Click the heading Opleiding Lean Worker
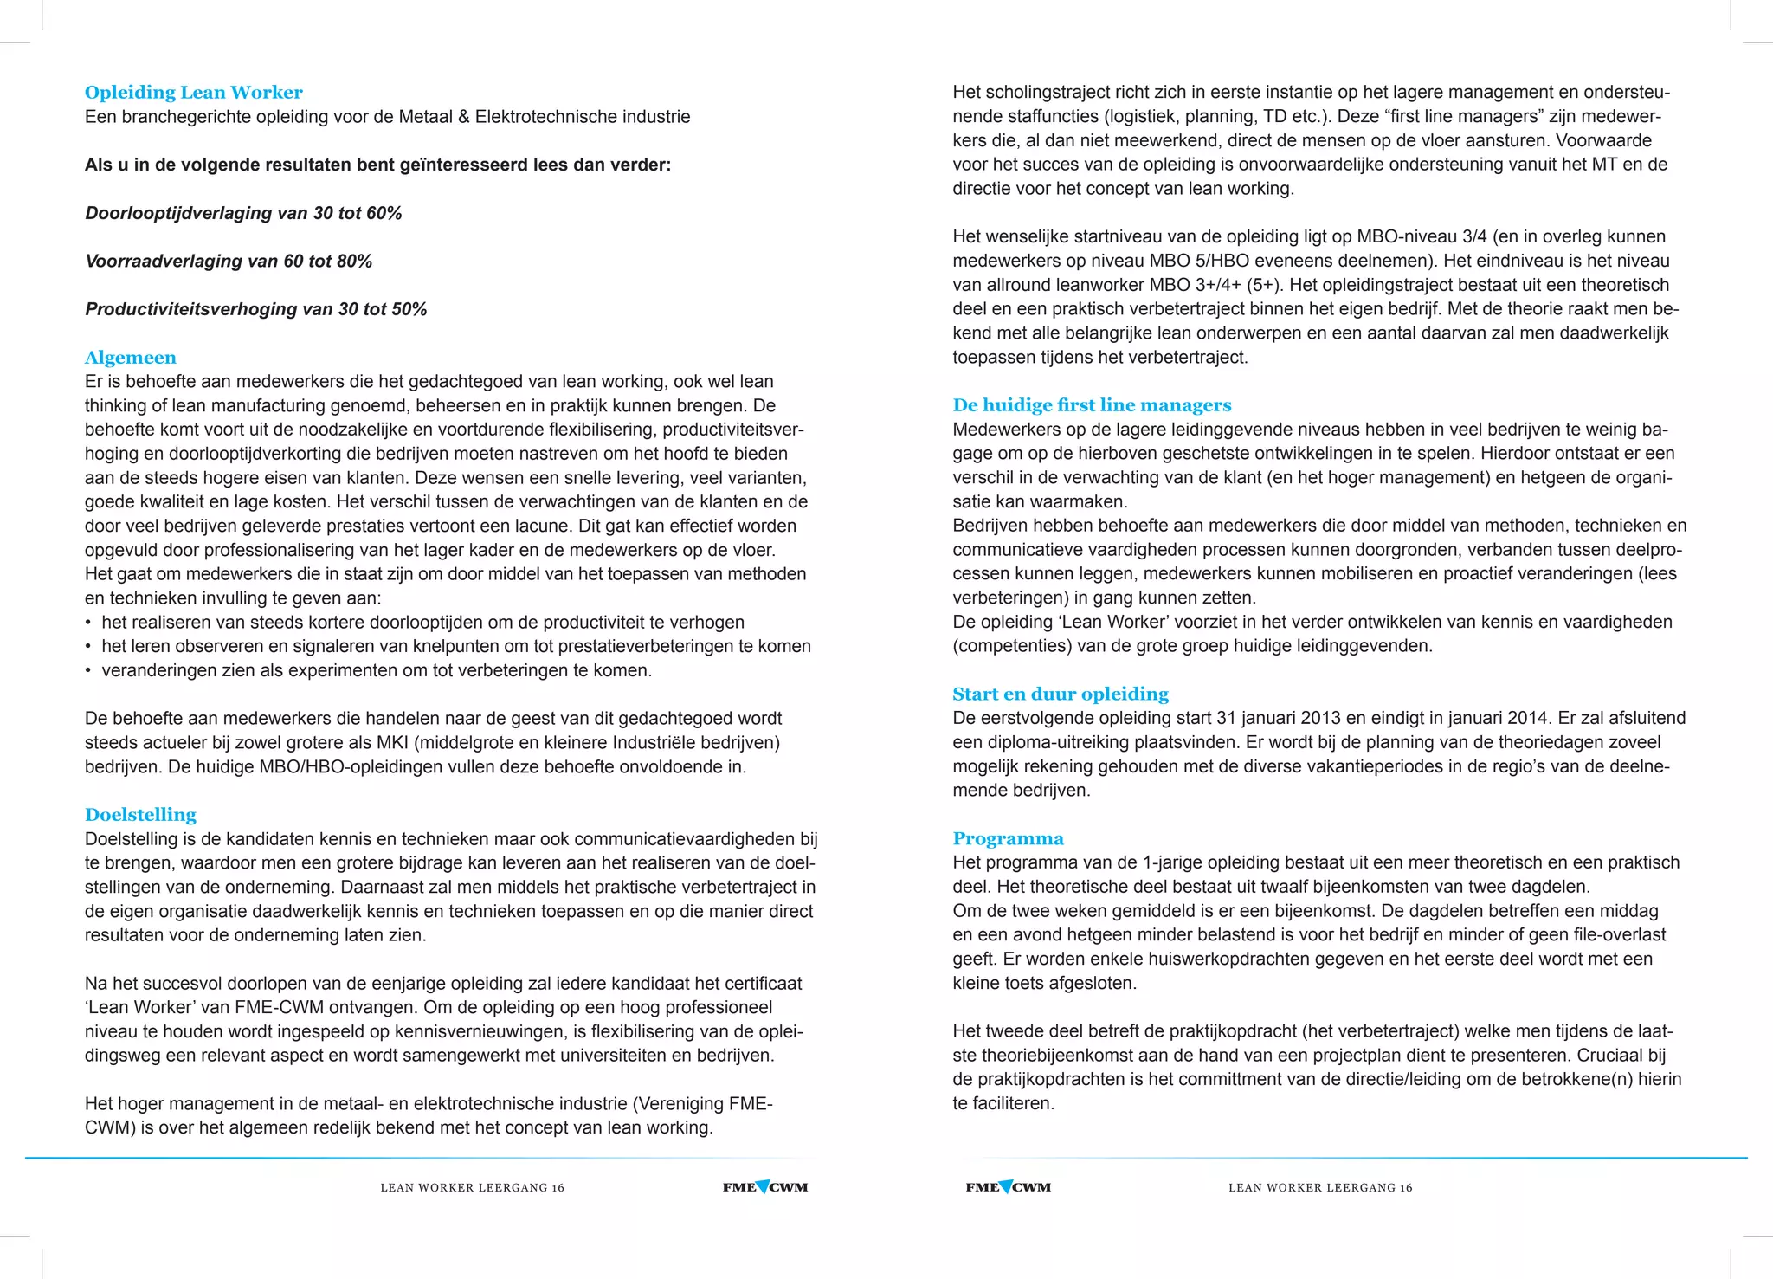tap(193, 93)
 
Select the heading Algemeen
tap(130, 358)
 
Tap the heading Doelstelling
tap(140, 815)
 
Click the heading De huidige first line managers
tap(1091, 405)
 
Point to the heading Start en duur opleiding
tap(1060, 694)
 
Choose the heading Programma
tap(1008, 839)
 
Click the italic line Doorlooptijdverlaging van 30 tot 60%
tap(243, 213)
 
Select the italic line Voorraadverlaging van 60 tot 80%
tap(229, 262)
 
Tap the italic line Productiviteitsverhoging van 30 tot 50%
tap(255, 309)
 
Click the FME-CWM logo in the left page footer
tap(765, 1187)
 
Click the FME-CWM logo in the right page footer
tap(1008, 1187)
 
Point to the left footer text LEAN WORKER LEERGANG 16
tap(472, 1188)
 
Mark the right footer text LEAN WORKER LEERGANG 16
tap(1319, 1188)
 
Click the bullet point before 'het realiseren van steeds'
tap(88, 623)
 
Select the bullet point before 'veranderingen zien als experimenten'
tap(88, 671)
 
